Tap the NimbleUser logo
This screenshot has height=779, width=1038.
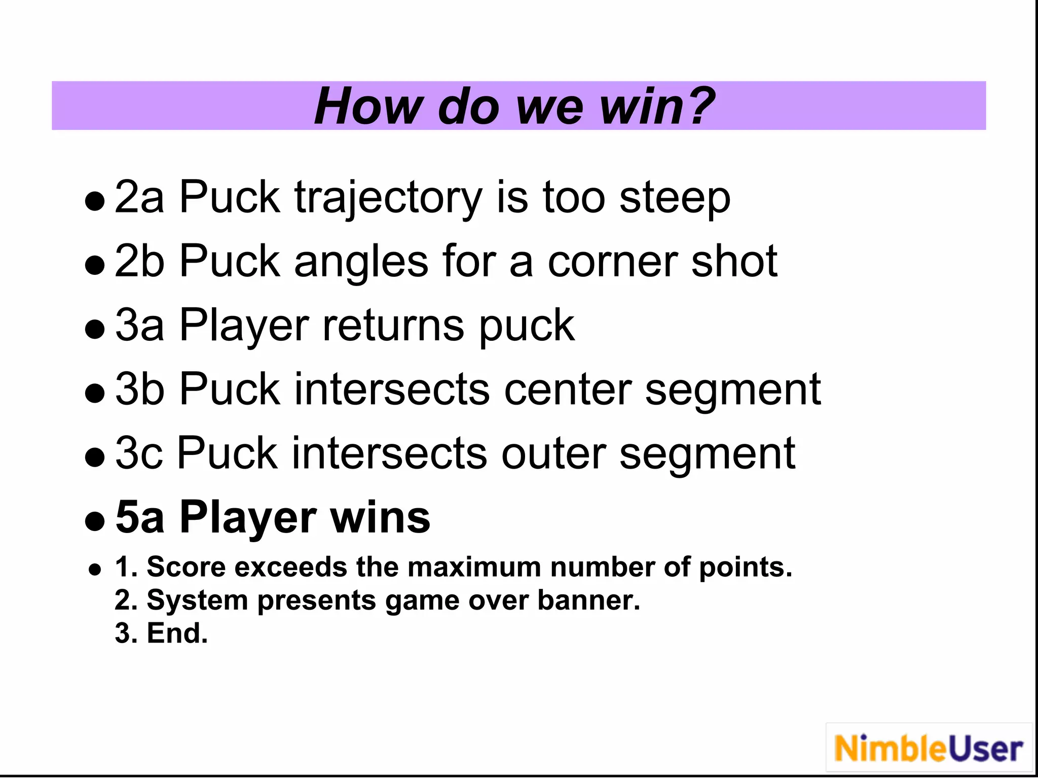click(x=929, y=749)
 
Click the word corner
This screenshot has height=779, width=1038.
click(x=612, y=262)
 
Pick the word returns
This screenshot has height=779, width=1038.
click(x=393, y=326)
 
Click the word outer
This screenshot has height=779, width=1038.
click(x=553, y=453)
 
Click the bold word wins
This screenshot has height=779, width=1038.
click(x=380, y=517)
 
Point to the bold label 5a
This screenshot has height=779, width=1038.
click(x=139, y=517)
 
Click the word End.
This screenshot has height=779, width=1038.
click(x=177, y=633)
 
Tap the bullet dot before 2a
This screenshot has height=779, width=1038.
click(x=95, y=201)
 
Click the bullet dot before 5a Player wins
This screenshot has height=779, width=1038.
click(x=95, y=521)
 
